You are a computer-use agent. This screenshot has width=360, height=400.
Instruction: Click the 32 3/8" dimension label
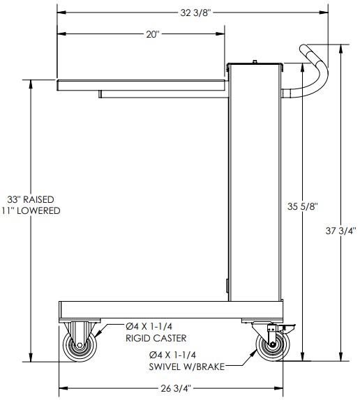[x=196, y=13]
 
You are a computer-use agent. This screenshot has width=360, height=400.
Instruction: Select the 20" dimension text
[x=153, y=34]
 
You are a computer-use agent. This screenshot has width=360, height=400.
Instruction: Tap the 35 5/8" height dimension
[x=303, y=206]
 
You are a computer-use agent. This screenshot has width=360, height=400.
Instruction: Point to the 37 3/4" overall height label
[x=340, y=231]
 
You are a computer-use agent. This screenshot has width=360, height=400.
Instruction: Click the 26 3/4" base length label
[x=176, y=389]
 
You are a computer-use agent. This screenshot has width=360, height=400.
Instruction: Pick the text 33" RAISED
[x=31, y=199]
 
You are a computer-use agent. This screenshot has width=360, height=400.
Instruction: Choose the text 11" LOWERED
[x=31, y=210]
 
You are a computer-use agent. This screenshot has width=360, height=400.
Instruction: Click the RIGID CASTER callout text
[x=156, y=338]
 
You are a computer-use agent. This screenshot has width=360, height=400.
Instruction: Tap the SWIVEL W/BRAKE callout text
[x=187, y=367]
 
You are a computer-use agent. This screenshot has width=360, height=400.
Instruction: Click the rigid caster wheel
[x=80, y=346]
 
